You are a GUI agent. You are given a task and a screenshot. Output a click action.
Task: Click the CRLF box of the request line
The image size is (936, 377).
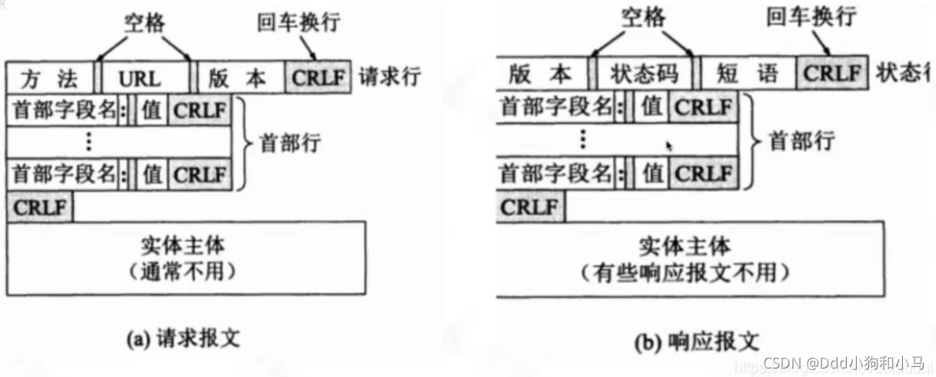(318, 78)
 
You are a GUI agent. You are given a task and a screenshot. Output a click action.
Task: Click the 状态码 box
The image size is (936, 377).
(644, 74)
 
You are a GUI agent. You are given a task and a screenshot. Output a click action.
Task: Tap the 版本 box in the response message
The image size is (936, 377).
(541, 74)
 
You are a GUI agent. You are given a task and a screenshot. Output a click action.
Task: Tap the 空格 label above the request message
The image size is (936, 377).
(145, 19)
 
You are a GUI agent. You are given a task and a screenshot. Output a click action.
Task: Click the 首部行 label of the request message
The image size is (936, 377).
(291, 142)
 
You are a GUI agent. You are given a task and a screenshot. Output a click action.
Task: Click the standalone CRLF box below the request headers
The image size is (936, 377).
(40, 206)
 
